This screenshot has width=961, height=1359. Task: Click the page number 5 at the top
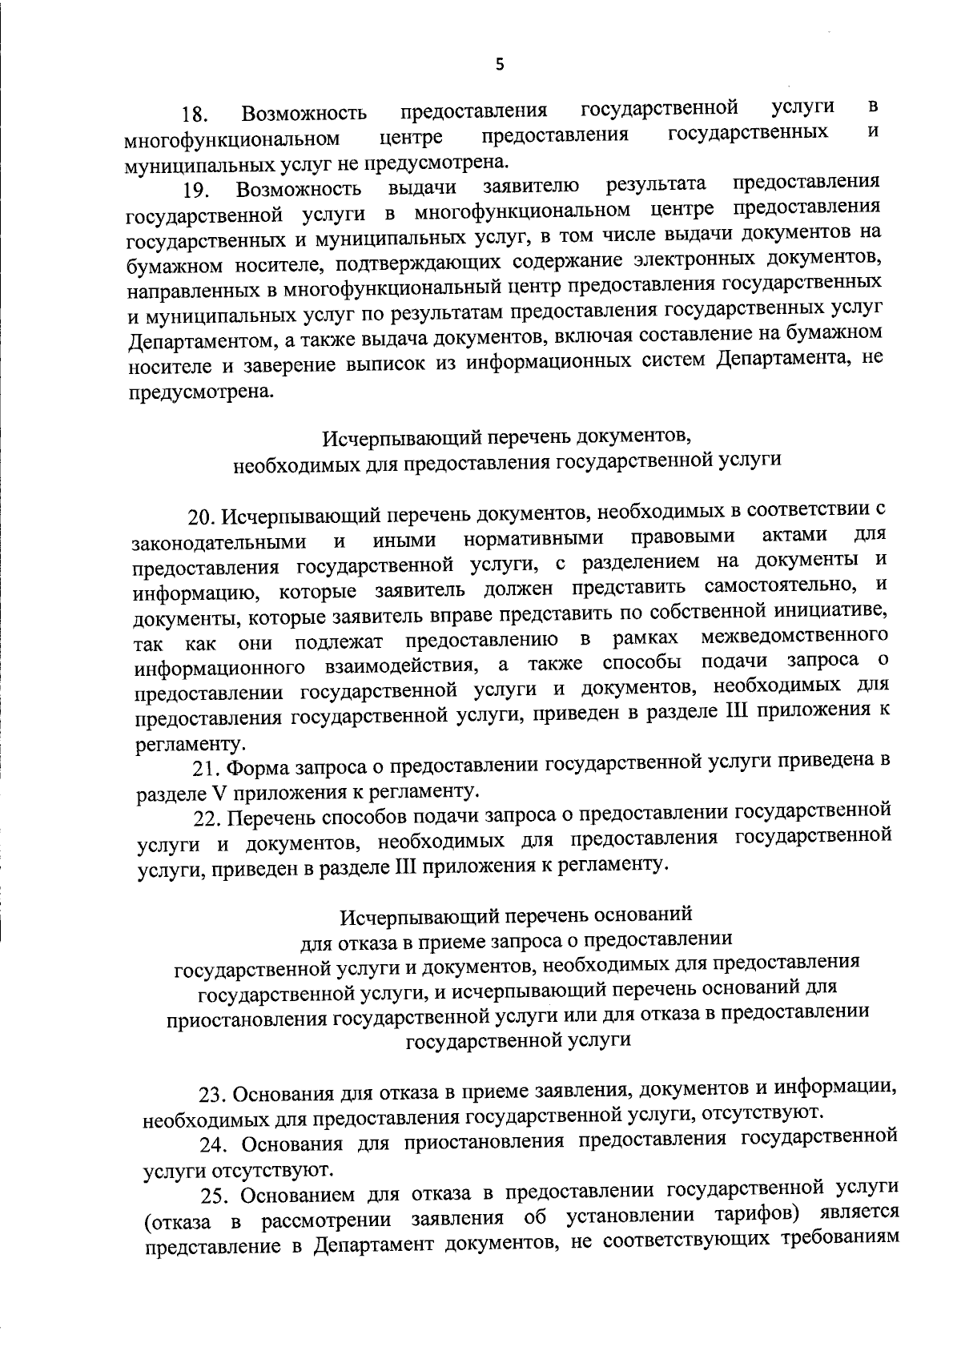(x=499, y=66)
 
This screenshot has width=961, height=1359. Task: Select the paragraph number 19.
(x=195, y=191)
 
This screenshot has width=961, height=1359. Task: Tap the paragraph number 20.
(x=200, y=516)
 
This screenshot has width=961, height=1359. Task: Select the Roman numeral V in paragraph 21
(x=219, y=794)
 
